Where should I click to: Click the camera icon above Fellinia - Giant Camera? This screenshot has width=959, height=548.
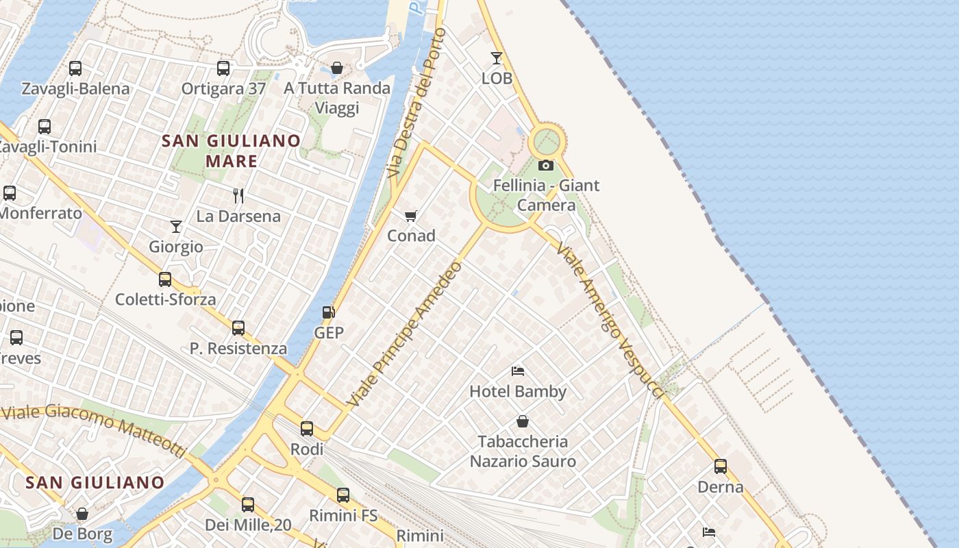click(546, 165)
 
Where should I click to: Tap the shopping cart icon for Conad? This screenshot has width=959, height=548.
click(411, 216)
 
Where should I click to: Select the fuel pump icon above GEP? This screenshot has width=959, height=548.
click(329, 312)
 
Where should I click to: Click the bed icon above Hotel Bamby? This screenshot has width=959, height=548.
click(518, 371)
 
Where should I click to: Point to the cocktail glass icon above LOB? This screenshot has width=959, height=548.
click(497, 58)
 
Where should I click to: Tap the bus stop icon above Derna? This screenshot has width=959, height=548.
click(721, 466)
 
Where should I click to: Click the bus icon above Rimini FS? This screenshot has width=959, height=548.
click(343, 495)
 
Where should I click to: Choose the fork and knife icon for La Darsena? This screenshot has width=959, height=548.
click(238, 196)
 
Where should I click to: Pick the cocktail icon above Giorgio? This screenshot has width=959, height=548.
click(176, 227)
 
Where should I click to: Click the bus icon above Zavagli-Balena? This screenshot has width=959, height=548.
click(75, 68)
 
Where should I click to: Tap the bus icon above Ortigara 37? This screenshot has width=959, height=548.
click(223, 68)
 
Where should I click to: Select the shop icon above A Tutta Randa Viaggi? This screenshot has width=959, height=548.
click(337, 68)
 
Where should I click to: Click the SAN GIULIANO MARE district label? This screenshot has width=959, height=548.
click(232, 151)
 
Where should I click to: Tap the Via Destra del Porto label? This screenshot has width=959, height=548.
click(415, 103)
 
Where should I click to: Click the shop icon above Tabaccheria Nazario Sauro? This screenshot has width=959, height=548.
click(523, 421)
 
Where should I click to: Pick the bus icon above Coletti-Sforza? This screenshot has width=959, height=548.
click(165, 279)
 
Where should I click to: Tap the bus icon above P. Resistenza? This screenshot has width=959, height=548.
click(238, 328)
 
